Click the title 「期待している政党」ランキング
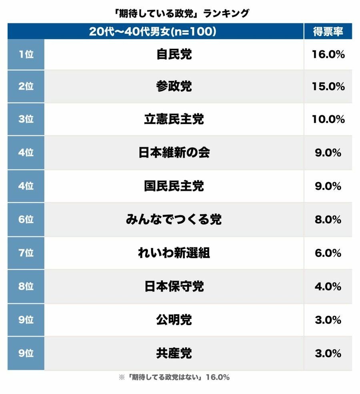180,13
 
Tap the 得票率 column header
328,32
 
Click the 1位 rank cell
26,54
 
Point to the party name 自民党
174,54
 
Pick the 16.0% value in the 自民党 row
328,54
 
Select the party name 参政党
174,86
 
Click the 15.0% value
328,86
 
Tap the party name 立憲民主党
174,119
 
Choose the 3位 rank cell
26,119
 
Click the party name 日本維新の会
174,153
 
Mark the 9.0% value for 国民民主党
328,186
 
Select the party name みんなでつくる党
174,219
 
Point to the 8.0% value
328,219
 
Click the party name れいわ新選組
174,253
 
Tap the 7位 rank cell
26,253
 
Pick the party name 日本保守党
174,286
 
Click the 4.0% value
328,286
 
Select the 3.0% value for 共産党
328,353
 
